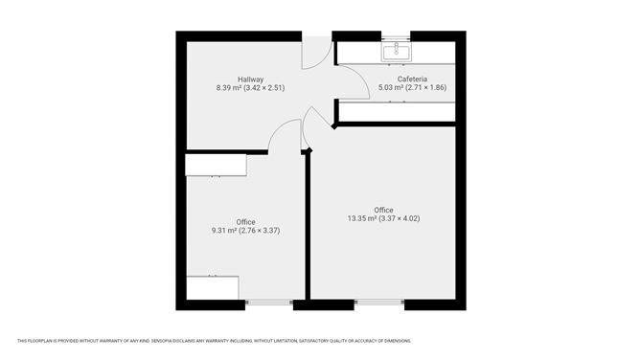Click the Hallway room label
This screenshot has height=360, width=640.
251,79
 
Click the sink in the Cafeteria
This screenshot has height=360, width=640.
396,50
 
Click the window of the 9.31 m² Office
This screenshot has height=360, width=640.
269,304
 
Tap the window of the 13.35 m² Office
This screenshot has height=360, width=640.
379,304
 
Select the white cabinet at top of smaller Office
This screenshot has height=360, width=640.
217,166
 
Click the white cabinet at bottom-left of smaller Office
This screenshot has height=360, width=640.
212,288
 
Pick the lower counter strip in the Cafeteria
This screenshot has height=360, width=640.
398,112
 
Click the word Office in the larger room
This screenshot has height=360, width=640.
383,210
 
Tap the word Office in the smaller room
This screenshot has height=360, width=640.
245,221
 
